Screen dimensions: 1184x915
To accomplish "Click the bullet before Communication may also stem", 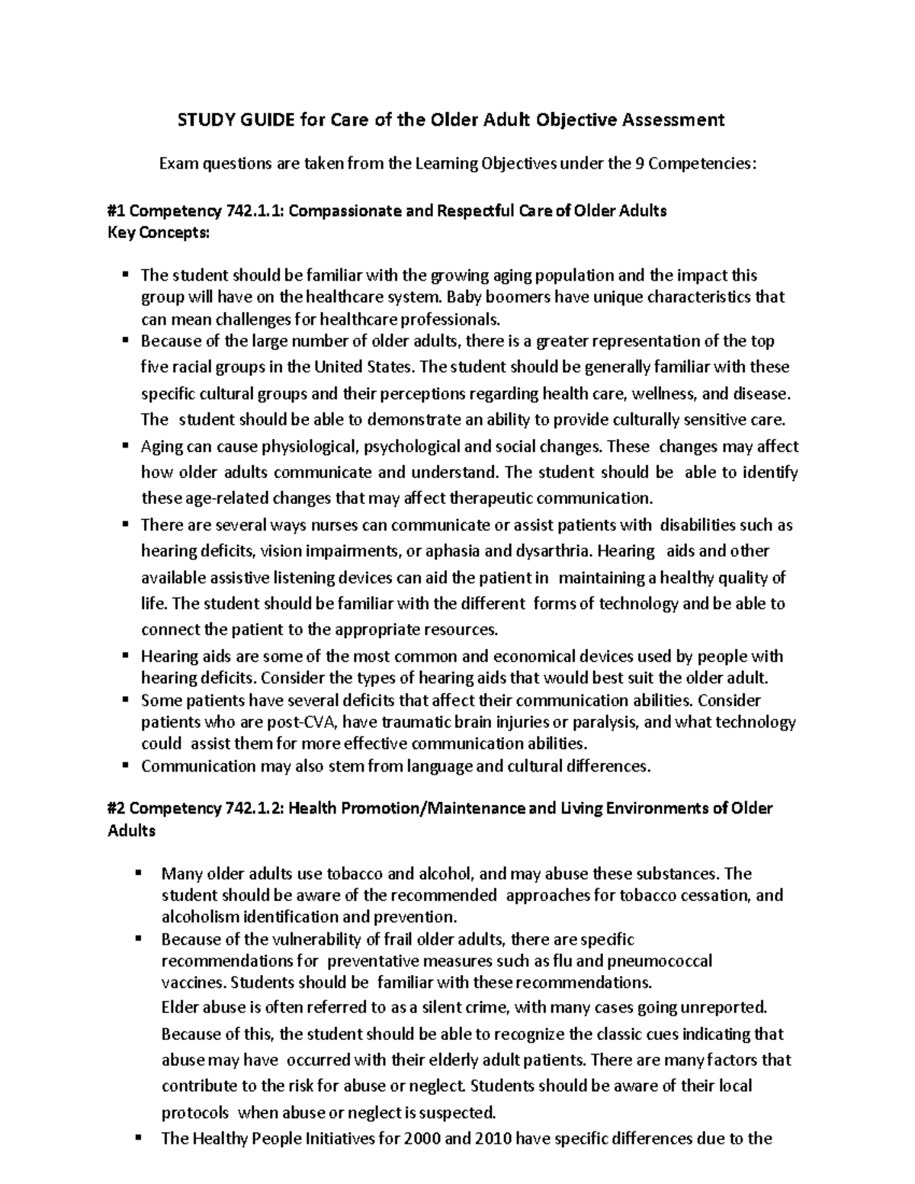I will [x=125, y=765].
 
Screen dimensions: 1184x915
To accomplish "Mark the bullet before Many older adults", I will [x=139, y=873].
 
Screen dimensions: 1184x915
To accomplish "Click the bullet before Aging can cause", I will [x=125, y=446].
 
